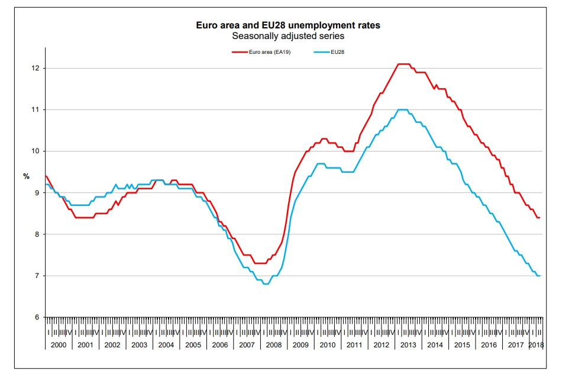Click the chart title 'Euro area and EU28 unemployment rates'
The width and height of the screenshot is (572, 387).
click(288, 25)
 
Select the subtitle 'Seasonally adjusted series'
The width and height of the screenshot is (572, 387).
click(288, 36)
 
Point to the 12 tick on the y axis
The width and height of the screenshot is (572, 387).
click(35, 68)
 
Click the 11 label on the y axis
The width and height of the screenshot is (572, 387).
click(35, 109)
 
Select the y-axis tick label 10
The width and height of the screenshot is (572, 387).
click(35, 151)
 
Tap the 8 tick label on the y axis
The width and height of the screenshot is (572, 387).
click(37, 234)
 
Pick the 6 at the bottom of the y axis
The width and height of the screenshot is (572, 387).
click(37, 318)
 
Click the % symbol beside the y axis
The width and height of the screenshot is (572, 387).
click(26, 176)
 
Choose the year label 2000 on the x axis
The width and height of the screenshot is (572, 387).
click(59, 345)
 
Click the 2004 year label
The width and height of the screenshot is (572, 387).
click(166, 345)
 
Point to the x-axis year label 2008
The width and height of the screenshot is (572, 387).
click(274, 345)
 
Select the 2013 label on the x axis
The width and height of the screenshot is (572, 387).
click(408, 345)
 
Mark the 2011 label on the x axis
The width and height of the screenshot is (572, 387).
click(354, 345)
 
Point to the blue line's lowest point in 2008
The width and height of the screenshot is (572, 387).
click(266, 284)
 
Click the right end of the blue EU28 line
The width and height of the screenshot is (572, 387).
click(539, 276)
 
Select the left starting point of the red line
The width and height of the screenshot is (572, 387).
click(46, 176)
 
